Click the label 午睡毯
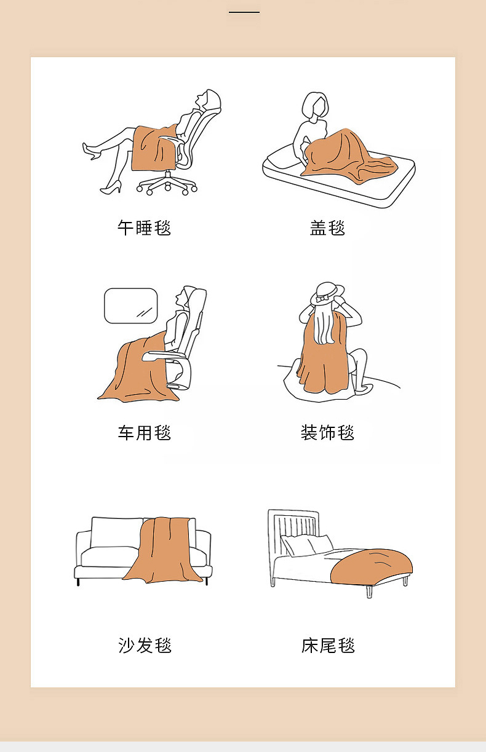[x=144, y=228]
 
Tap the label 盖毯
[x=327, y=228]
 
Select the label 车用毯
[x=144, y=433]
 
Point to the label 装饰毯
[x=327, y=432]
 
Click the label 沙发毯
[x=145, y=645]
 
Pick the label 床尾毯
[x=328, y=645]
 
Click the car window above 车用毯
[x=131, y=306]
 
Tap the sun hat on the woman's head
[x=327, y=293]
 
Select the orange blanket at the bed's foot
[x=371, y=567]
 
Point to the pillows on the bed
[x=306, y=545]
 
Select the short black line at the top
[x=244, y=12]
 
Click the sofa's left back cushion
[x=116, y=532]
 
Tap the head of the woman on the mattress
[x=315, y=105]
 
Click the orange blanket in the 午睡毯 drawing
[x=154, y=148]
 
